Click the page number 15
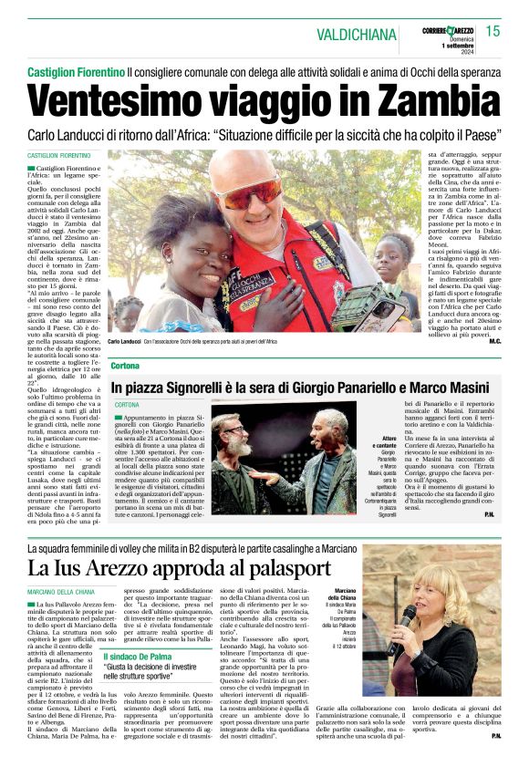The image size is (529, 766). click(x=493, y=32)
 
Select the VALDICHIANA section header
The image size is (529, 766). click(x=357, y=34)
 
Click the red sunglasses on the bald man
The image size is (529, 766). click(x=246, y=194)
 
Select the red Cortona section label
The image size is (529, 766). click(x=125, y=366)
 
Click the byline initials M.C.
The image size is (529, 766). click(x=495, y=341)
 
